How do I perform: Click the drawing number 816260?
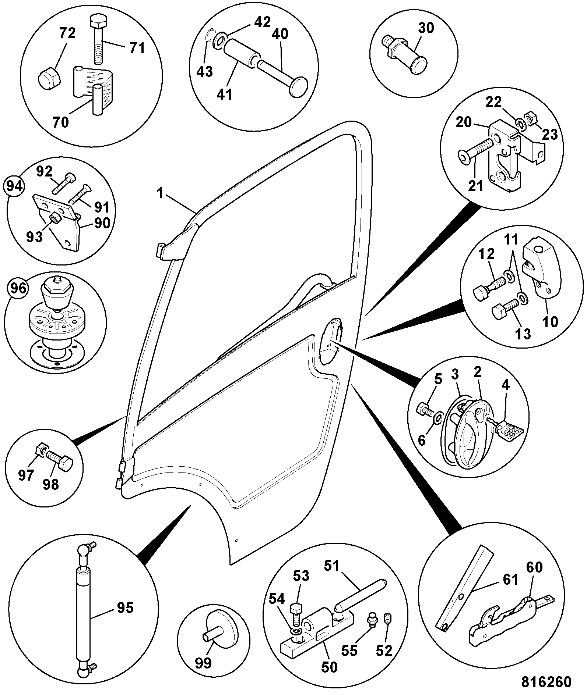pos(546,682)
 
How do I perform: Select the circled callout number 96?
pos(18,288)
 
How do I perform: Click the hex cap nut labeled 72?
pos(48,78)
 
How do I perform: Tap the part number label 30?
pos(426,28)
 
